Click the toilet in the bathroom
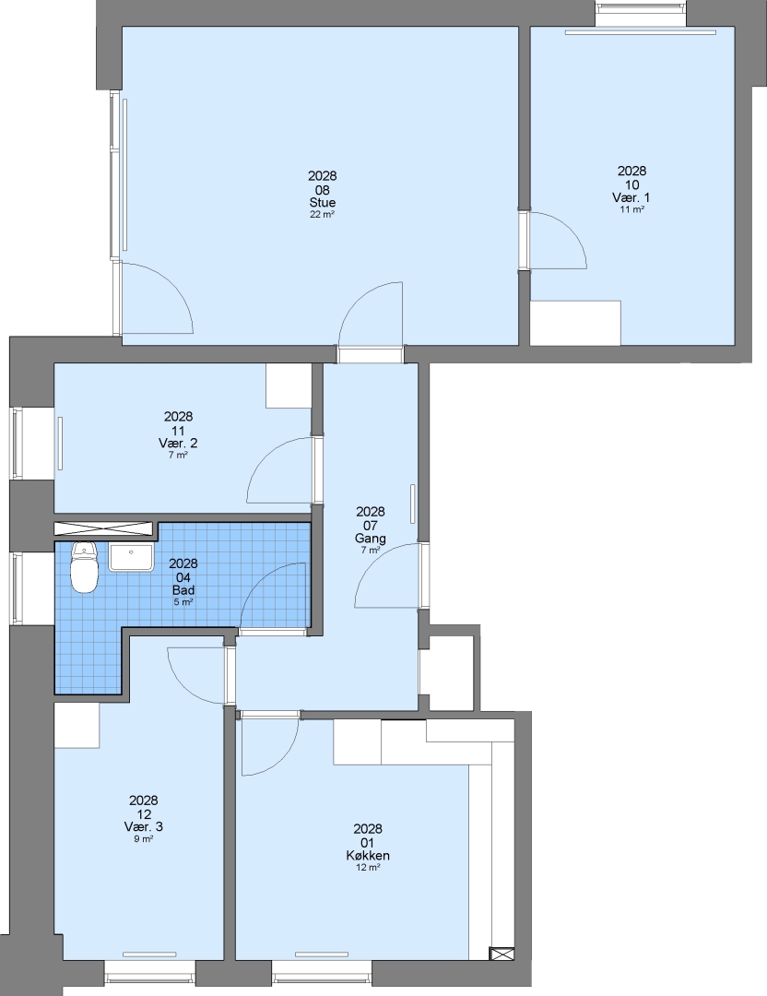tap(85, 567)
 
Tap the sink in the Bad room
tap(131, 557)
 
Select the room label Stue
tap(323, 203)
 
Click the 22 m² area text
tap(323, 215)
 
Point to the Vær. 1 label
tap(631, 197)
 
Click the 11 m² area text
tap(631, 209)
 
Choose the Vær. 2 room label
tap(179, 443)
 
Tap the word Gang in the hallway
tap(371, 539)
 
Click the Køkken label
tap(368, 856)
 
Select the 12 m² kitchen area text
tap(368, 868)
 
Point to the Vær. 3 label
tap(144, 826)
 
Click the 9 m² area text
tap(144, 839)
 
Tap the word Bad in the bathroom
tap(183, 590)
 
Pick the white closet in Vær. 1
tap(575, 324)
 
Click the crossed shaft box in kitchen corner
tap(501, 954)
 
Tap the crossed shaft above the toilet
tap(104, 528)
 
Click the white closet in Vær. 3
tap(77, 725)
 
